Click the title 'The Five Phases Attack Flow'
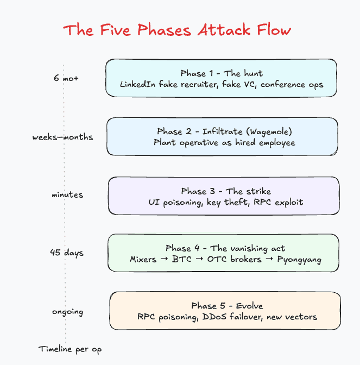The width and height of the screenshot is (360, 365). pos(177,29)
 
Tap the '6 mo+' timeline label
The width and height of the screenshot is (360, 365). pos(66,78)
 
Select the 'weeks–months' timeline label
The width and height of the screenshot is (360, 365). pos(62,137)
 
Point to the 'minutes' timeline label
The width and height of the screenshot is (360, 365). pos(68,195)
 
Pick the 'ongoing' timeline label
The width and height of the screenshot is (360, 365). pos(68,312)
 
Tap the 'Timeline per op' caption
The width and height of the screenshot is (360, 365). pos(70,349)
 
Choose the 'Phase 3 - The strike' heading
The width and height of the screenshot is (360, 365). pos(225,191)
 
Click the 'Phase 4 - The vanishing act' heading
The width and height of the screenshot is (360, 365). pos(225,248)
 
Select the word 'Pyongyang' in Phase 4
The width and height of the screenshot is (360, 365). pos(299,260)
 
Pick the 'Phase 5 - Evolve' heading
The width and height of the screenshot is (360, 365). pos(226,306)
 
